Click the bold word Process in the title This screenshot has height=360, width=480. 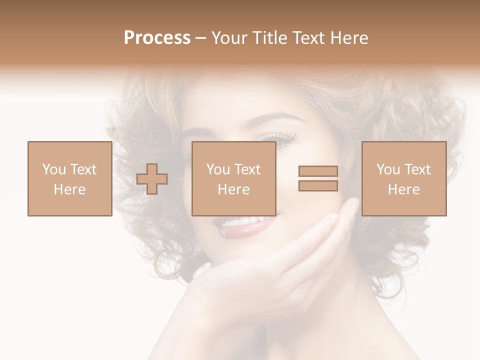click(x=157, y=38)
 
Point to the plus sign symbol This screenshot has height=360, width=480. click(x=152, y=179)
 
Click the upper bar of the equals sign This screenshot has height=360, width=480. click(x=318, y=171)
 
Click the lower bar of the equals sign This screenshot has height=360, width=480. click(x=318, y=186)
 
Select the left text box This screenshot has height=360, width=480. click(x=69, y=178)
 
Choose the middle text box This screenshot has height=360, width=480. click(x=233, y=178)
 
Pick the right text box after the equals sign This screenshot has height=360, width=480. click(x=403, y=178)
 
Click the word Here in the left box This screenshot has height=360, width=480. click(x=69, y=189)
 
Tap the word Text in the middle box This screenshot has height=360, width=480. click(x=246, y=169)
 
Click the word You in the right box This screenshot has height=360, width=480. click(x=388, y=169)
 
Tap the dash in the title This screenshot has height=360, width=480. click(x=201, y=38)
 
